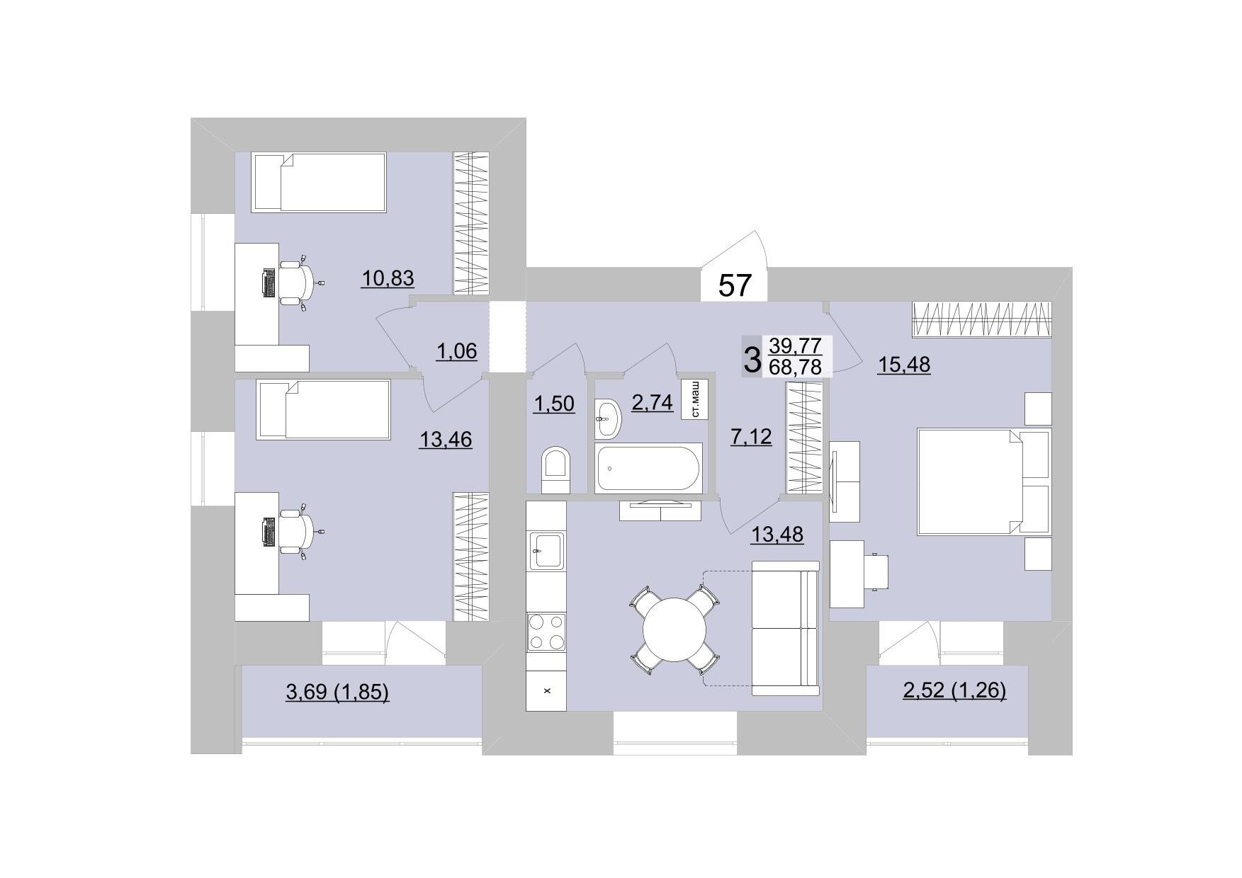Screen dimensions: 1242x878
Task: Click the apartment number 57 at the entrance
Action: click(735, 285)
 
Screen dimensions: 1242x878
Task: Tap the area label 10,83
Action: click(388, 278)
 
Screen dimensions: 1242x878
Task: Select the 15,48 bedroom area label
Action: click(904, 365)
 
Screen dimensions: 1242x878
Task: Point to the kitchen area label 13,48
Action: click(777, 534)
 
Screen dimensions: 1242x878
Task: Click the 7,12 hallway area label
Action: click(751, 436)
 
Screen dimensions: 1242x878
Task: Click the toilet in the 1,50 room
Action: click(555, 469)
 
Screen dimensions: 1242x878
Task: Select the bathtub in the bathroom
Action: click(649, 467)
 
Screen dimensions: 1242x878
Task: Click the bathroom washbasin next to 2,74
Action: click(607, 418)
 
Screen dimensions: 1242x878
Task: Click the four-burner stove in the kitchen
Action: click(546, 632)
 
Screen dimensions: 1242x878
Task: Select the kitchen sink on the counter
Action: click(546, 550)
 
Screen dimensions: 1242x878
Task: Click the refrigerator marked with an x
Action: click(546, 689)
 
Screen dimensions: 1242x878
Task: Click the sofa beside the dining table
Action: click(785, 628)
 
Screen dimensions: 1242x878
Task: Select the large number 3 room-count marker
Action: click(752, 359)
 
